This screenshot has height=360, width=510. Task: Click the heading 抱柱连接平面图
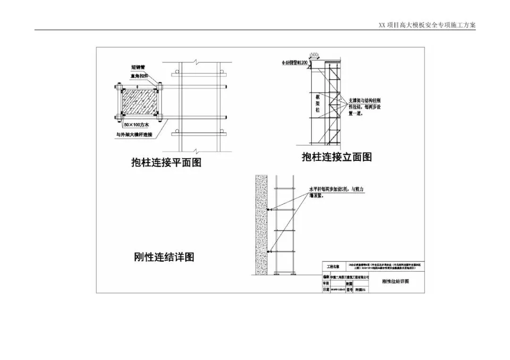[166, 162]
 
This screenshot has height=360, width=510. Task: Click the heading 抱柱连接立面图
[337, 157]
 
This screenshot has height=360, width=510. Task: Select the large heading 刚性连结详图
[164, 257]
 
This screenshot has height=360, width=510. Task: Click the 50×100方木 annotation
[137, 125]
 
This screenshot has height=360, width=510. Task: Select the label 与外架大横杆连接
[136, 134]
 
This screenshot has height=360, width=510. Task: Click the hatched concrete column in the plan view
[140, 101]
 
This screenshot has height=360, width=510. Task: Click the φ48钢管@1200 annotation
[294, 62]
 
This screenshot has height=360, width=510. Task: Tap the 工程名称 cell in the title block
[333, 267]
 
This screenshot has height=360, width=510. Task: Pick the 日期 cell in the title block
[326, 290]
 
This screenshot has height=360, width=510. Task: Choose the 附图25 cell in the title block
[361, 291]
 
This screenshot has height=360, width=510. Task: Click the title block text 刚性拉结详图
[395, 281]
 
